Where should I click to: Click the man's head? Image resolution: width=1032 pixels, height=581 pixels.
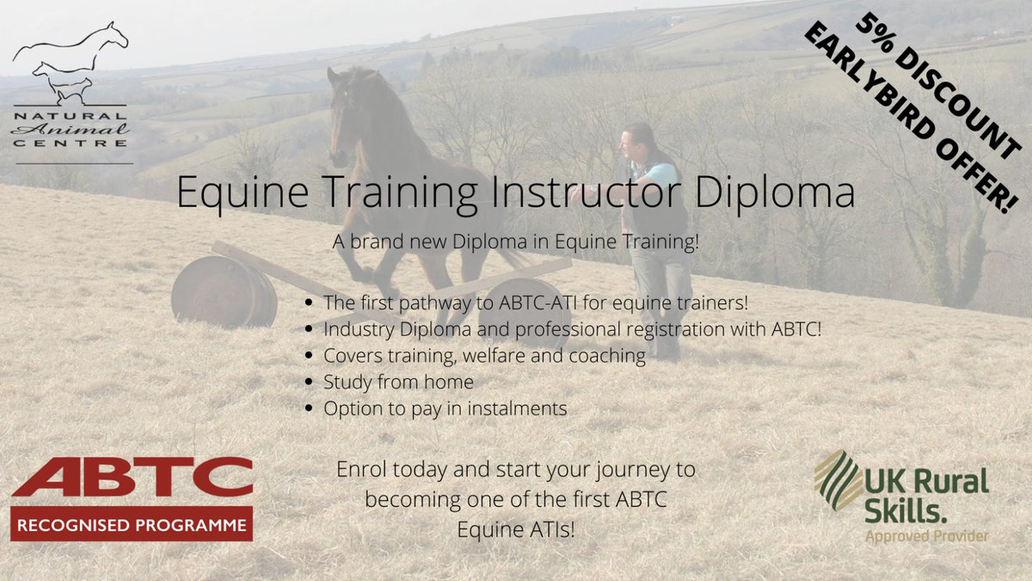click(x=637, y=138)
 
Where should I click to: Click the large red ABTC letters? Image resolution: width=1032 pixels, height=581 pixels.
click(x=131, y=478)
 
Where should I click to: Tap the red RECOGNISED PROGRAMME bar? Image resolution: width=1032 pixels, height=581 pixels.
click(x=131, y=523)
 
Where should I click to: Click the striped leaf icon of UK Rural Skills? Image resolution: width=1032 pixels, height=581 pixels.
click(x=837, y=480)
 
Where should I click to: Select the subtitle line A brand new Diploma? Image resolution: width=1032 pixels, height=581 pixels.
click(x=516, y=242)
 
